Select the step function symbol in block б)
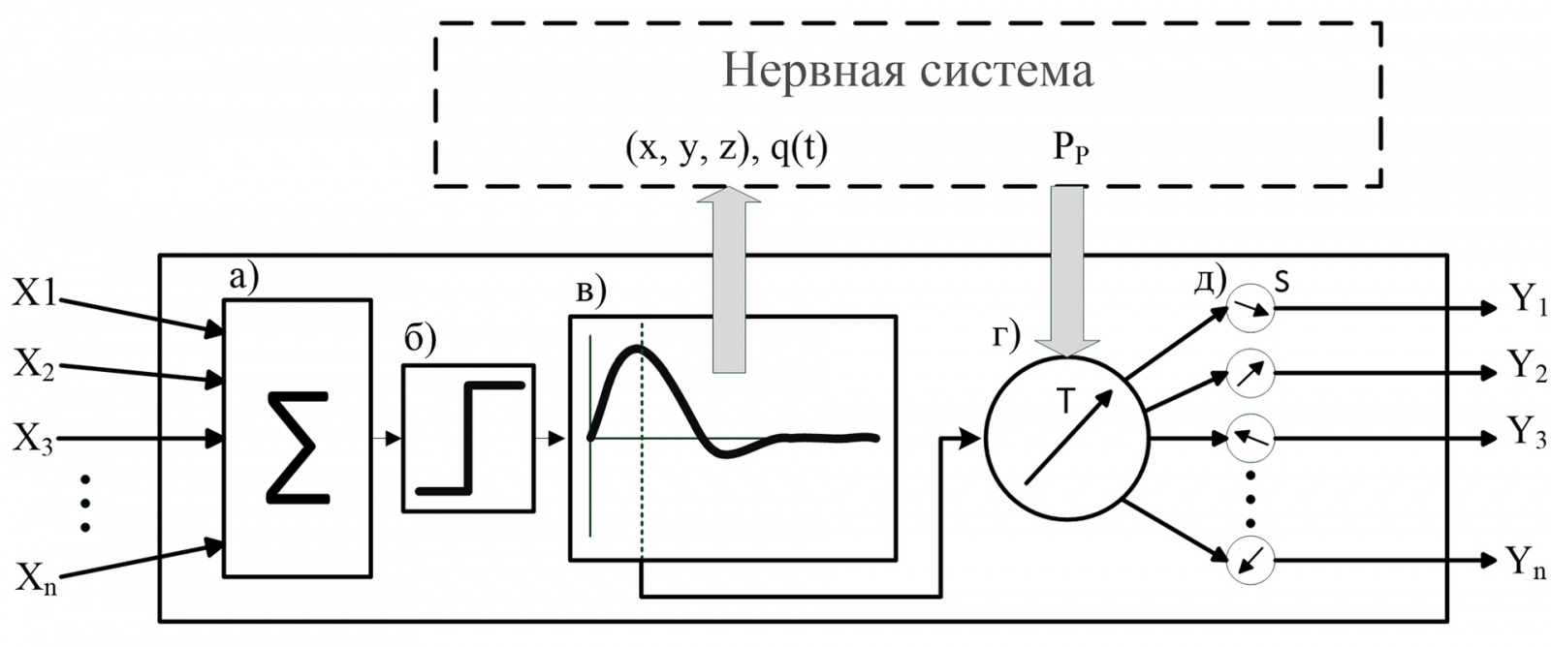coord(470,438)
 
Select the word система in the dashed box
coord(1007,70)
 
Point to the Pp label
coord(1070,151)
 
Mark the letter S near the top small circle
coord(1282,282)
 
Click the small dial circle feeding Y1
coord(1250,309)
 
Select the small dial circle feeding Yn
coord(1250,560)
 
